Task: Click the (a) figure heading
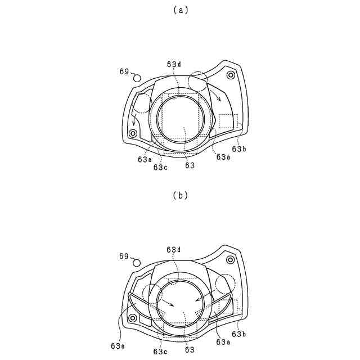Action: coord(181,10)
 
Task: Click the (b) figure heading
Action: coord(181,195)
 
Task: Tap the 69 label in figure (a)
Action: coord(124,71)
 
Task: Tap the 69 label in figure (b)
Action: coord(124,256)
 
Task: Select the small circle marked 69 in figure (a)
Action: coord(137,78)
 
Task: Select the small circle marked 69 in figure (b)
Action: coord(137,263)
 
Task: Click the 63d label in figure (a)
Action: coord(174,65)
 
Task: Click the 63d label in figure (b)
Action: coord(174,250)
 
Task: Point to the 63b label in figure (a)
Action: coord(239,149)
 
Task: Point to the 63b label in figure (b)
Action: coord(239,334)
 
